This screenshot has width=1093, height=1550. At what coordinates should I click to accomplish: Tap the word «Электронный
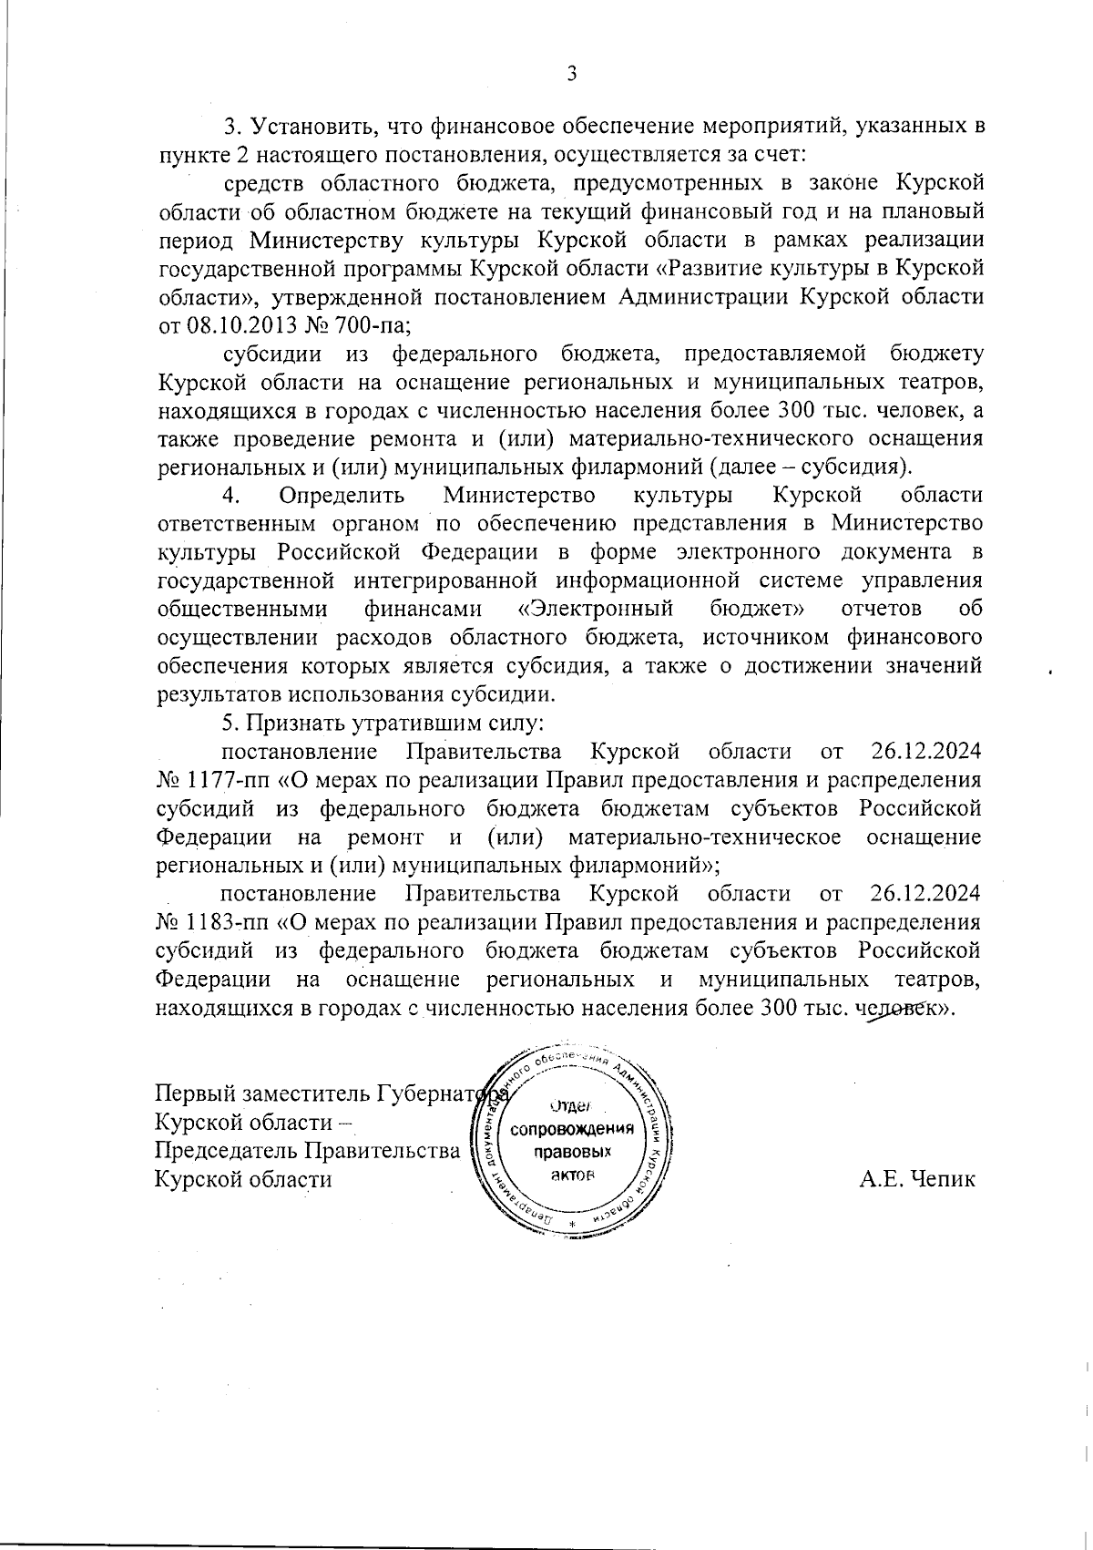(x=595, y=608)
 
